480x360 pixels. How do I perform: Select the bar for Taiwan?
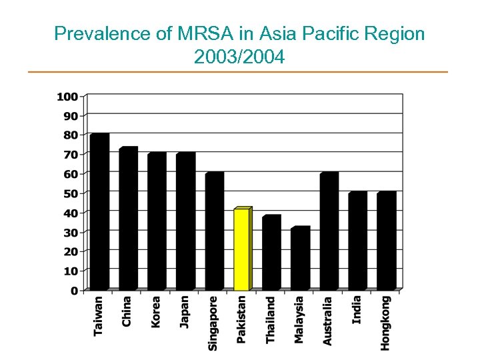tap(99, 212)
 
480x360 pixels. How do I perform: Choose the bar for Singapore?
tap(213, 231)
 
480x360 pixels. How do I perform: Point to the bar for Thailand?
tap(271, 253)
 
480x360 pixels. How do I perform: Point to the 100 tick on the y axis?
tap(67, 96)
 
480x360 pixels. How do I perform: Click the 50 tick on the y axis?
tap(70, 193)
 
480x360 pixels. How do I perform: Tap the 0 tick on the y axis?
tap(73, 291)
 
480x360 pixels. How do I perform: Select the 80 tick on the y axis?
tap(70, 135)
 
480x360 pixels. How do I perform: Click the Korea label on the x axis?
tap(155, 311)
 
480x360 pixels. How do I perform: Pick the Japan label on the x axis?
tap(184, 311)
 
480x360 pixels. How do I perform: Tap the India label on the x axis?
tap(357, 309)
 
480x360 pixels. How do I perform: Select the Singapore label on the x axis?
tap(213, 323)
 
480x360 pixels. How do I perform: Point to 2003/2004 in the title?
tap(239, 57)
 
